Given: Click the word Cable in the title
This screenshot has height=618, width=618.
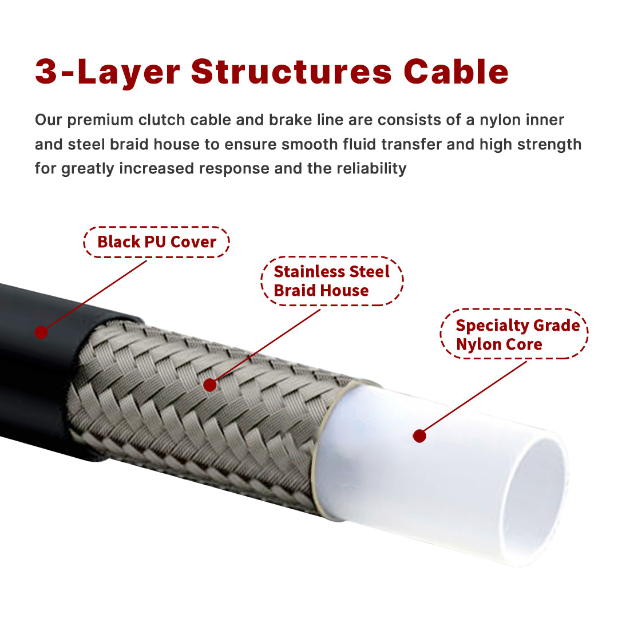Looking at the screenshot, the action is [x=456, y=72].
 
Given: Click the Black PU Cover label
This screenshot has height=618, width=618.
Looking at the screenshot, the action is [x=156, y=242].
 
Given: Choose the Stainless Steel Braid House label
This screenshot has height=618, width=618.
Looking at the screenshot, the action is [x=332, y=281].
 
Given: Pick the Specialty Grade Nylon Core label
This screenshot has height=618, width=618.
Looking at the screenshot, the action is [x=514, y=334].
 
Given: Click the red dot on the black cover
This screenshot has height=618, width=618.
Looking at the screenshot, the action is [x=41, y=332].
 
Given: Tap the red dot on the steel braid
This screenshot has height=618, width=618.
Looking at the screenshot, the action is [x=209, y=385].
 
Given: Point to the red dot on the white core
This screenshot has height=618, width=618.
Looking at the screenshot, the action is [x=419, y=436].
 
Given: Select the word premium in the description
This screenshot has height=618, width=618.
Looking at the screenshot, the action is [x=100, y=121].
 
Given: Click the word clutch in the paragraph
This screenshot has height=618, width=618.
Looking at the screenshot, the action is [x=161, y=120].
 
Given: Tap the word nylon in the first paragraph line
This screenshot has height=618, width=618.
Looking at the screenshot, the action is [x=498, y=121].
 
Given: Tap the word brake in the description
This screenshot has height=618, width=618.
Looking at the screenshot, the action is [x=291, y=120].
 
